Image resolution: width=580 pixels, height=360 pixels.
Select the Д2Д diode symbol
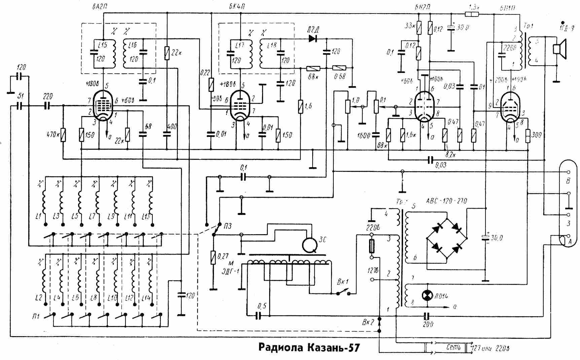(x=313, y=39)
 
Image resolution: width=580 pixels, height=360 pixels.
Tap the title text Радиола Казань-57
(x=309, y=347)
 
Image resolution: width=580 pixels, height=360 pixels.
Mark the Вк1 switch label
(x=343, y=282)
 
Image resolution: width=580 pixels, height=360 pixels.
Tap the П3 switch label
(x=227, y=226)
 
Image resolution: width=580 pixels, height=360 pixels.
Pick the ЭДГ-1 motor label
(x=231, y=270)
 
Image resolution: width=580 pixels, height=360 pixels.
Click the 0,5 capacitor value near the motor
(x=262, y=306)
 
